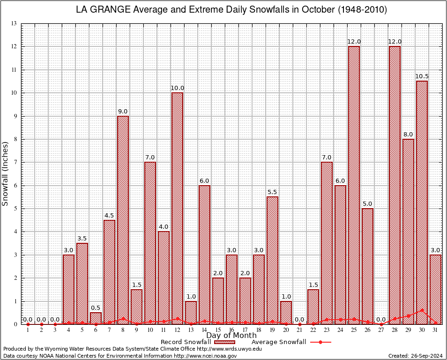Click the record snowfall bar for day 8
(123, 220)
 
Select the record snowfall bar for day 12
(177, 208)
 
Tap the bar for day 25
(354, 185)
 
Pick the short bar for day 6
(96, 318)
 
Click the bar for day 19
(272, 260)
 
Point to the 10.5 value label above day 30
(422, 76)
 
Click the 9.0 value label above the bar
(123, 112)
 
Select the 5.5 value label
(272, 192)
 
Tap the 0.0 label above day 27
(381, 320)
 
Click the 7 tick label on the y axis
(15, 162)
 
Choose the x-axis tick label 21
(299, 330)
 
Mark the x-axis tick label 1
(28, 330)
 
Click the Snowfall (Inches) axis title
(6, 173)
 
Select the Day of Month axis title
(231, 336)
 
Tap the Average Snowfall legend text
(278, 342)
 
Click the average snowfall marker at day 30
(422, 310)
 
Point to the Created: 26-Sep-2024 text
(415, 356)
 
